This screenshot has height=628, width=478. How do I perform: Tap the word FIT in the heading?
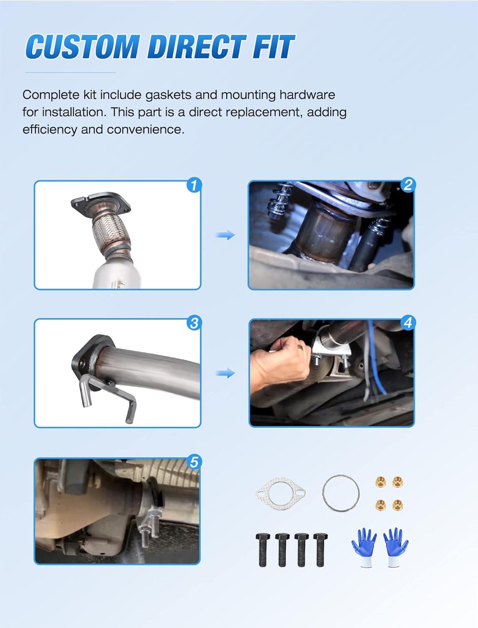(x=273, y=46)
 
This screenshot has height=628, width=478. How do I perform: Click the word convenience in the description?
(x=145, y=130)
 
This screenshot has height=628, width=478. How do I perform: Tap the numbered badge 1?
(x=194, y=185)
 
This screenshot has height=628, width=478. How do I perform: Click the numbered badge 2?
(x=408, y=185)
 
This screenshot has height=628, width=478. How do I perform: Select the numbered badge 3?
(x=194, y=323)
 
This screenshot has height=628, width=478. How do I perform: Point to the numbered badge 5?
(x=194, y=462)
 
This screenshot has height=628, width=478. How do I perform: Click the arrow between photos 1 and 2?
(x=225, y=235)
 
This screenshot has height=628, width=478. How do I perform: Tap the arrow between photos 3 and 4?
(x=225, y=373)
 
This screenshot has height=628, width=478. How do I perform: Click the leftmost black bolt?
(x=263, y=550)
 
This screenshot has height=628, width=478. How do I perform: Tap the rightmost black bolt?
(x=320, y=550)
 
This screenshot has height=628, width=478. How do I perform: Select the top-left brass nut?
(x=380, y=482)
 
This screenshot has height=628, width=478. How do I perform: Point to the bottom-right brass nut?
(x=398, y=504)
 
